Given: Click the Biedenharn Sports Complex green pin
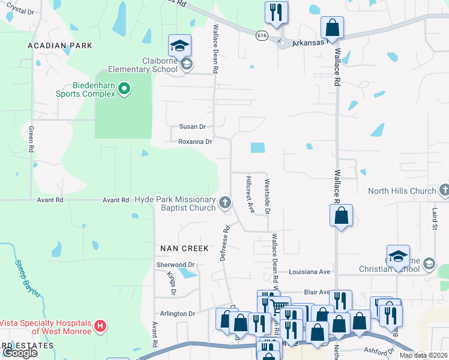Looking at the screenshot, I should click(124, 90).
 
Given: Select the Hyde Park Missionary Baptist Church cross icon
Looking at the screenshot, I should click(225, 202).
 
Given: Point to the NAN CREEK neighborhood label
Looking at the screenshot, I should click(184, 248).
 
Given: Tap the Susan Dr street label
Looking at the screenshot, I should click(192, 127).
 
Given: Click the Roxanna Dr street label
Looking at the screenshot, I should click(195, 142).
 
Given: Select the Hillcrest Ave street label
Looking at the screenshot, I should click(251, 194).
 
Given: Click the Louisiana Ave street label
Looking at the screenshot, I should click(309, 272).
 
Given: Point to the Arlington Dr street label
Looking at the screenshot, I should click(178, 314).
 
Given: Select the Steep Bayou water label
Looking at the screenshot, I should click(28, 278).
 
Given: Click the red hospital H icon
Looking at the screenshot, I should click(101, 326).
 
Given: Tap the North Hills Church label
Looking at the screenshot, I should click(402, 191).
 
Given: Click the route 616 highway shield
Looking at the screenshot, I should click(262, 35).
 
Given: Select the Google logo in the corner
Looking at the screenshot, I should click(19, 353).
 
